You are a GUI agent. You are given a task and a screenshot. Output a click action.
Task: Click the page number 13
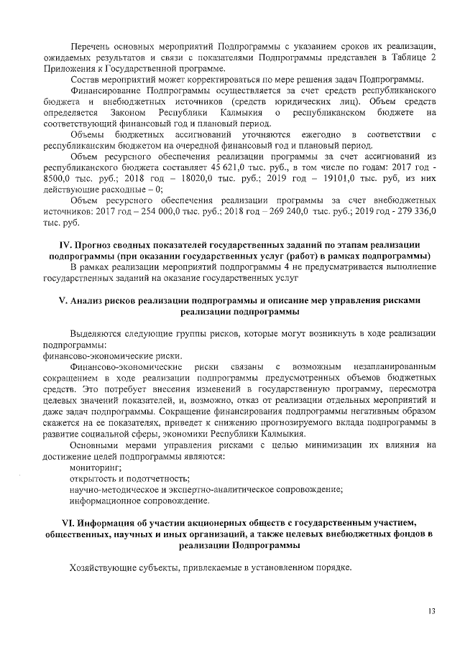431,611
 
